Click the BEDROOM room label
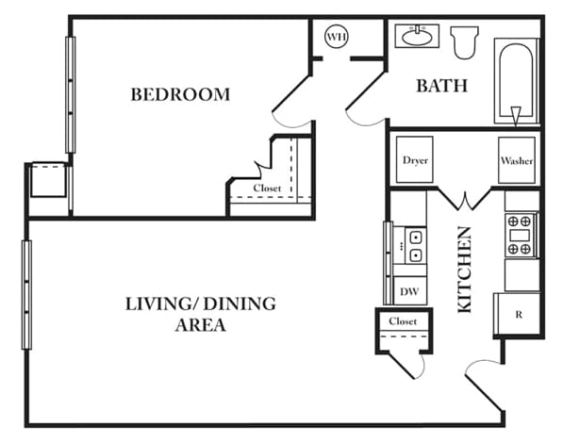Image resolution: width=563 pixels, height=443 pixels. click(x=180, y=94)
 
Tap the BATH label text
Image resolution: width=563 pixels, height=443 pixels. click(x=442, y=86)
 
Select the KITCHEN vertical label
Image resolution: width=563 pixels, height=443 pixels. click(x=465, y=270)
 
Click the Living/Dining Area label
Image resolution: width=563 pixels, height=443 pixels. click(x=200, y=314)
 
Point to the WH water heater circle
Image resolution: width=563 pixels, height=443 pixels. click(x=337, y=37)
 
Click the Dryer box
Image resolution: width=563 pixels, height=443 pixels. click(x=415, y=160)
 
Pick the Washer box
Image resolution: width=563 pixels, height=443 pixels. click(x=517, y=160)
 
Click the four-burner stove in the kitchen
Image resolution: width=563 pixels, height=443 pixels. click(x=520, y=235)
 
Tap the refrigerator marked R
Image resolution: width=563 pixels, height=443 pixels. click(x=518, y=314)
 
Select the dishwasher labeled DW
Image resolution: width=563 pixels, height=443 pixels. click(x=409, y=292)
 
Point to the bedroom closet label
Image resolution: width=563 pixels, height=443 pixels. click(x=267, y=189)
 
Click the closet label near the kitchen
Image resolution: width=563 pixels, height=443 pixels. click(x=403, y=322)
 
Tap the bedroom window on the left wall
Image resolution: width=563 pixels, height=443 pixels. click(x=70, y=94)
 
